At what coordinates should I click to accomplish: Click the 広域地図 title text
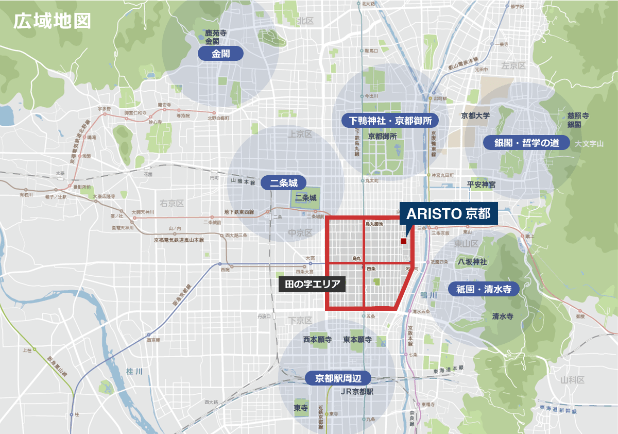[52, 21]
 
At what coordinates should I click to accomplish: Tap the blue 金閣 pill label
[220, 54]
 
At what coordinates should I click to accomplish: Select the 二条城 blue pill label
[283, 182]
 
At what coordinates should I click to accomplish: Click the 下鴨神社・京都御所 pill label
[390, 121]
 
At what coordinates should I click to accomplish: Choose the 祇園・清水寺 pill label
[483, 289]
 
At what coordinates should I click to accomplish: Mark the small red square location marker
[403, 241]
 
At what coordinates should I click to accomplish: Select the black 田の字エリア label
[312, 285]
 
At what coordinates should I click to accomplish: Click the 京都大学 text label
[475, 115]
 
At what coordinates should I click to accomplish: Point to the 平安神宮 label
[481, 184]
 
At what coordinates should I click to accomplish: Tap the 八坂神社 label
[472, 262]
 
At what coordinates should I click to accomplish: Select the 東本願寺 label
[357, 340]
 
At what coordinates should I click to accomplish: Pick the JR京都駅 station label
[356, 392]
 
